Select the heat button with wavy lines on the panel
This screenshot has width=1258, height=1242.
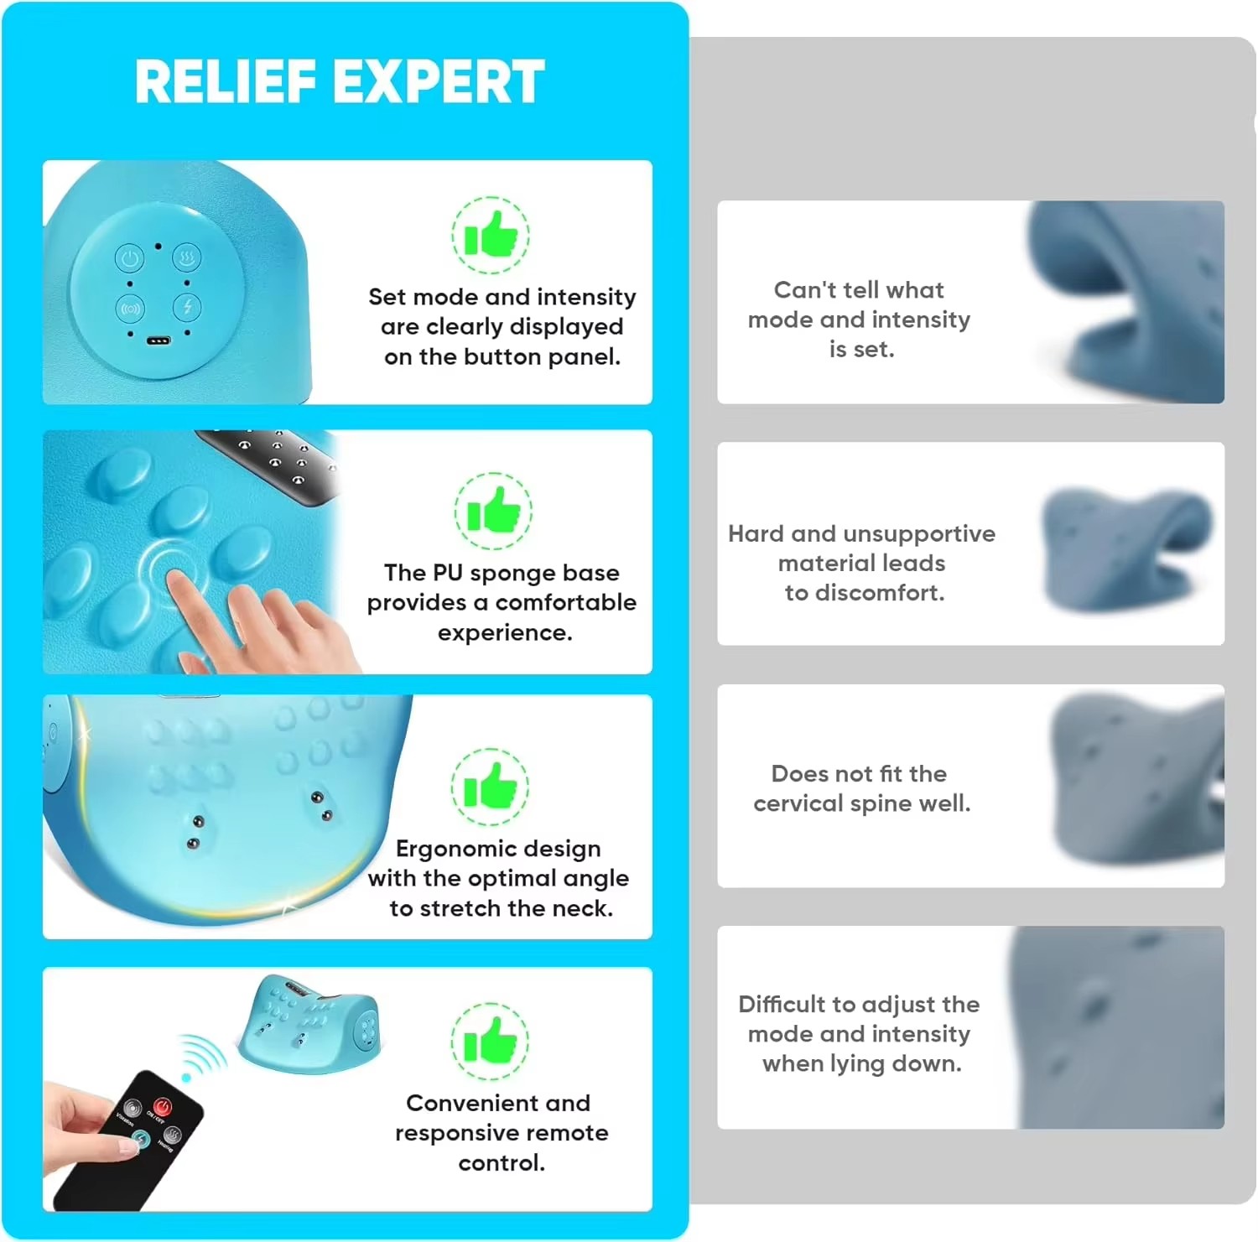186,257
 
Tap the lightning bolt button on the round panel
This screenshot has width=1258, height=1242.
186,307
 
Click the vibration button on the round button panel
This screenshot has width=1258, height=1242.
130,309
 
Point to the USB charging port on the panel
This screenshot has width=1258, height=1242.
159,341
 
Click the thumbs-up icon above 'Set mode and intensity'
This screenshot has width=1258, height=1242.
491,235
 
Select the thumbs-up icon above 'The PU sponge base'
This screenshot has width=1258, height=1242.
493,511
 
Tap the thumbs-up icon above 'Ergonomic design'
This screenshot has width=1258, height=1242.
490,787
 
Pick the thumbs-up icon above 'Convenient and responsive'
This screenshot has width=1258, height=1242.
490,1041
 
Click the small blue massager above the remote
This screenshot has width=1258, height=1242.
309,1023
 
